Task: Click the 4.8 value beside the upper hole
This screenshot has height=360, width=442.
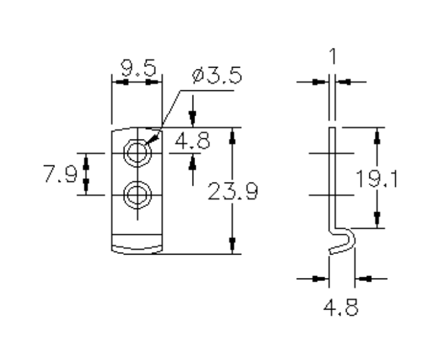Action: pyautogui.click(x=193, y=141)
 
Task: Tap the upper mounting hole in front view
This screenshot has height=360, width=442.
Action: pyautogui.click(x=136, y=152)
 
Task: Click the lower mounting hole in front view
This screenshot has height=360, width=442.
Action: pyautogui.click(x=136, y=195)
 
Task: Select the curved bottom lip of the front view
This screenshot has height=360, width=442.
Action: pyautogui.click(x=136, y=247)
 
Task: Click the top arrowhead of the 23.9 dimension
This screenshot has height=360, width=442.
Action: pyautogui.click(x=233, y=135)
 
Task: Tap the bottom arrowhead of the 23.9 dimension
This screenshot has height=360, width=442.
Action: pyautogui.click(x=233, y=246)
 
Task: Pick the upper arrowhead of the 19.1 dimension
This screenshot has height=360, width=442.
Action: pyautogui.click(x=378, y=135)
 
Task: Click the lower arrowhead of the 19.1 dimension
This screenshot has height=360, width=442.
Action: pyautogui.click(x=378, y=220)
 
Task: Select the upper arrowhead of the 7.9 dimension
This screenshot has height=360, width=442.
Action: pyautogui.click(x=87, y=160)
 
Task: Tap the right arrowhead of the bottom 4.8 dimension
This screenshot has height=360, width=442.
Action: pyautogui.click(x=364, y=277)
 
